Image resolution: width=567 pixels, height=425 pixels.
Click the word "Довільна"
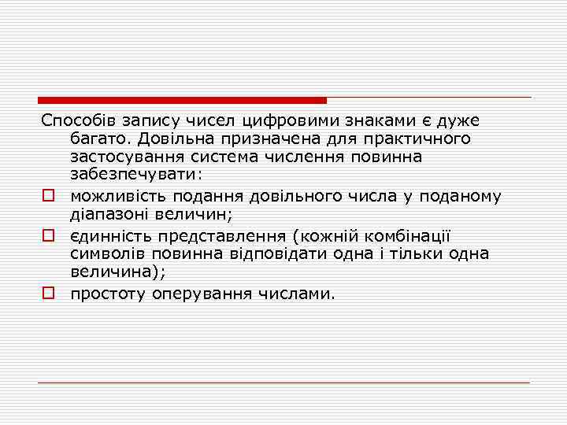tap(177, 139)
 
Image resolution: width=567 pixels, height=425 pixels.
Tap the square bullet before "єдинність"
tap(48, 235)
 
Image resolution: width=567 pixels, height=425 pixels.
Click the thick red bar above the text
tap(182, 101)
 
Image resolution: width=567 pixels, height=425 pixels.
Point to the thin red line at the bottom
tap(283, 382)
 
